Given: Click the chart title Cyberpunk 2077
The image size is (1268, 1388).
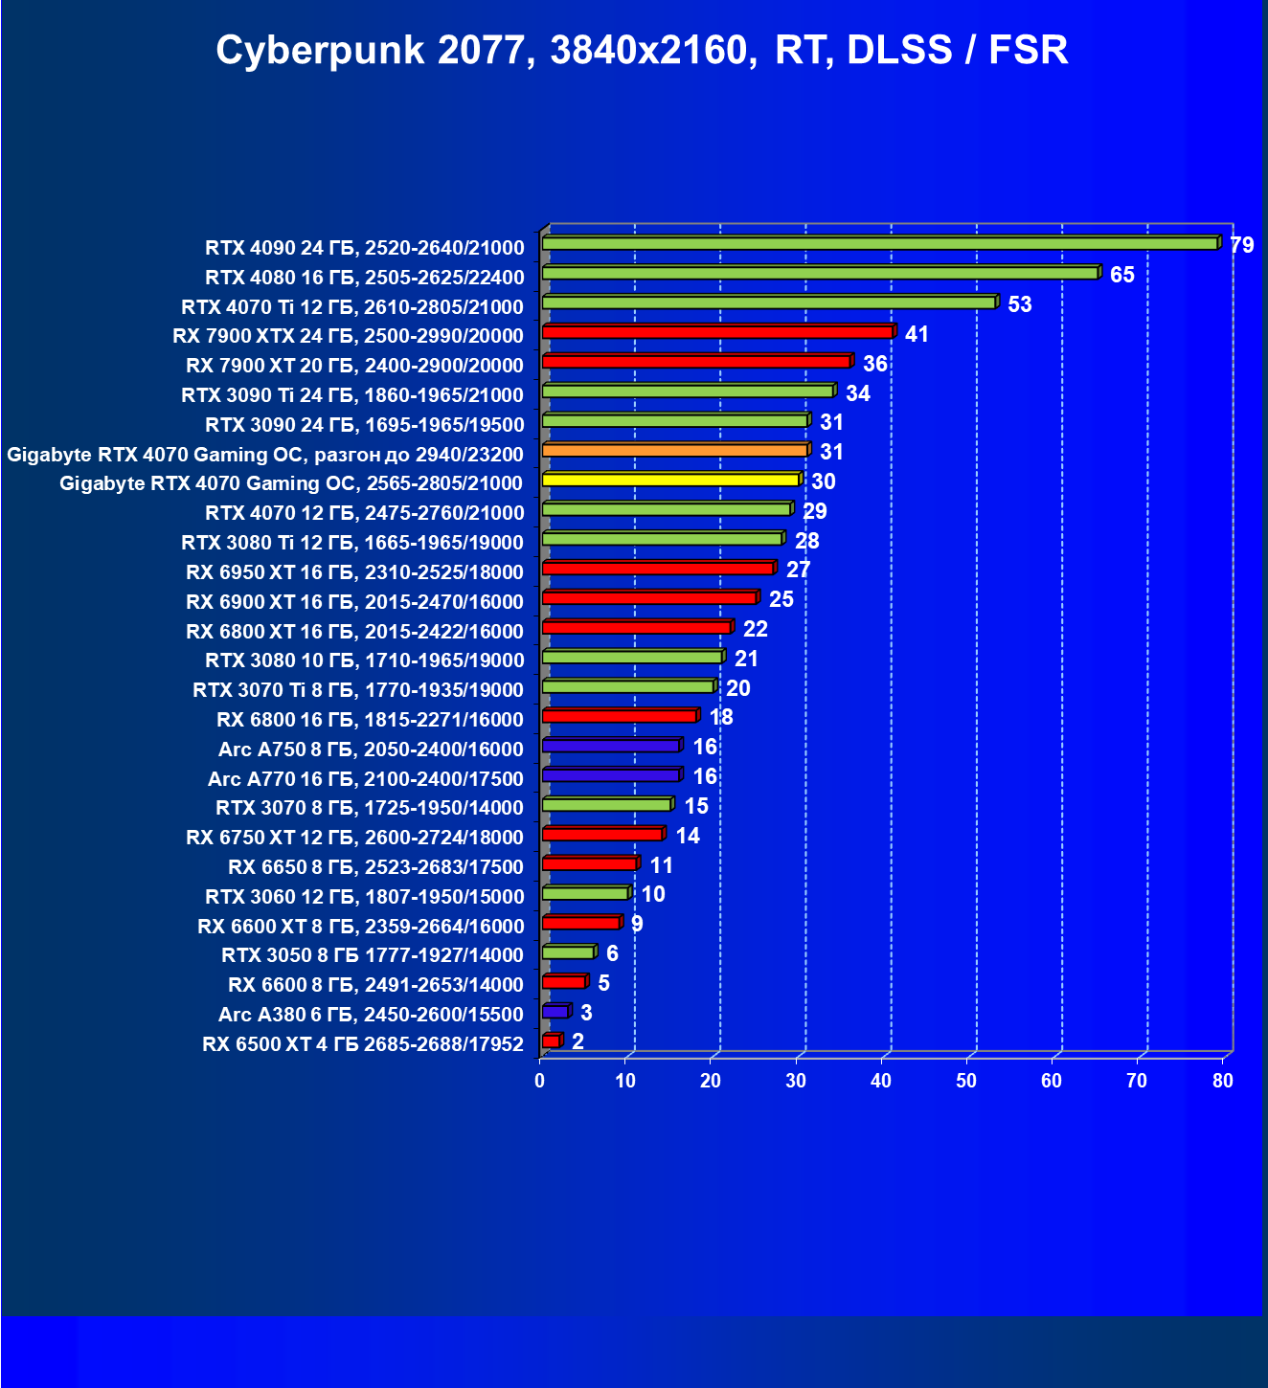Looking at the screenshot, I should click(x=641, y=50).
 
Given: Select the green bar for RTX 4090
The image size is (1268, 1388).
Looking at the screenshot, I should click(x=879, y=243).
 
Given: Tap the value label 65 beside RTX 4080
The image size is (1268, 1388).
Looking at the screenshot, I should click(x=1121, y=276).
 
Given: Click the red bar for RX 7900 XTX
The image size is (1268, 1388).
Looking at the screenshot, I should click(x=717, y=332).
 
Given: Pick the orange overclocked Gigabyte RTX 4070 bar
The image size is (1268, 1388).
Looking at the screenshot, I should click(x=674, y=450).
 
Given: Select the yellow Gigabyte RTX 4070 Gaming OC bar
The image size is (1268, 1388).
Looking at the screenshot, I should click(x=670, y=480).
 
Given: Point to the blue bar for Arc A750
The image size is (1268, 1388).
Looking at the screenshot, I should click(x=611, y=746).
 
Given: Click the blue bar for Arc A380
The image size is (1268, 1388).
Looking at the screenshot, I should click(x=555, y=1012).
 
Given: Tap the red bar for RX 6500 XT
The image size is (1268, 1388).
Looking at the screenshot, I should click(x=551, y=1041).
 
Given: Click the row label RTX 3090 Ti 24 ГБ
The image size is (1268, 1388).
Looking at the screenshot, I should click(x=351, y=395).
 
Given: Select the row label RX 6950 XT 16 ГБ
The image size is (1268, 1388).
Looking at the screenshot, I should click(x=354, y=572).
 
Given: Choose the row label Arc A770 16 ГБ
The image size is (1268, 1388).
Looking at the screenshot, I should click(x=365, y=779).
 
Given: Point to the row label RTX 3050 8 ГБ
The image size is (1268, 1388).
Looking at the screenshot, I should click(x=372, y=955).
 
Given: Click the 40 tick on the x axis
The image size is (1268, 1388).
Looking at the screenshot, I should click(x=881, y=1082).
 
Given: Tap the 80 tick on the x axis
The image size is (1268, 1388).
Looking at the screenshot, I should click(x=1222, y=1082).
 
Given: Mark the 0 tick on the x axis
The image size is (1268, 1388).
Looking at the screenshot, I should click(x=540, y=1082).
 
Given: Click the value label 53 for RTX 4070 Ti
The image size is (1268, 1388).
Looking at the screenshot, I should click(x=1019, y=305).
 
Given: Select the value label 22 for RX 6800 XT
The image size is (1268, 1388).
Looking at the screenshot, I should click(x=755, y=630).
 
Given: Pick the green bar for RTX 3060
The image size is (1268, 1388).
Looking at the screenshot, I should click(x=585, y=893).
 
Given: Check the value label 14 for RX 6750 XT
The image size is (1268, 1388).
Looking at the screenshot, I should click(x=687, y=837).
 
